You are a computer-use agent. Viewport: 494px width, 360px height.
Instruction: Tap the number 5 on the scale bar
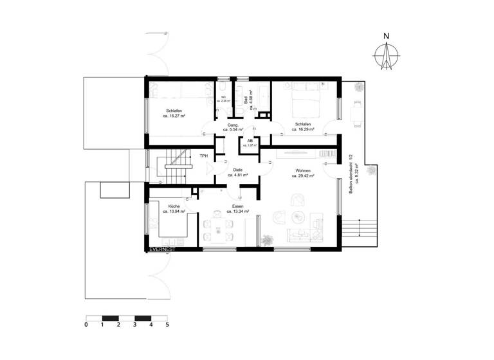click(x=167, y=325)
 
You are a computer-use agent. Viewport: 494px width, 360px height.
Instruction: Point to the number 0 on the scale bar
click(x=86, y=325)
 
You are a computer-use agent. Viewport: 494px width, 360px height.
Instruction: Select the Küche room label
click(x=174, y=206)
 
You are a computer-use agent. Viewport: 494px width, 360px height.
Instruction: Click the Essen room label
click(x=238, y=206)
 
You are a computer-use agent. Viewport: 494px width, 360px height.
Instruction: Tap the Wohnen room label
click(x=304, y=170)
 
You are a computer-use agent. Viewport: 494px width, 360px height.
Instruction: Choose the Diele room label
click(x=238, y=170)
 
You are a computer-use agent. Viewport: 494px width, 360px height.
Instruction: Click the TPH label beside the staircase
click(x=204, y=156)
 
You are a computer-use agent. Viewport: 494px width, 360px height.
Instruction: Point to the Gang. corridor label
click(x=233, y=125)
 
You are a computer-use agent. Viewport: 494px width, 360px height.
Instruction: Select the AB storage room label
click(x=250, y=140)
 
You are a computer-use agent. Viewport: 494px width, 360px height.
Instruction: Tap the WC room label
click(x=224, y=97)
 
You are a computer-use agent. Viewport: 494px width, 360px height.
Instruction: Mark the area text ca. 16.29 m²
click(x=304, y=129)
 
